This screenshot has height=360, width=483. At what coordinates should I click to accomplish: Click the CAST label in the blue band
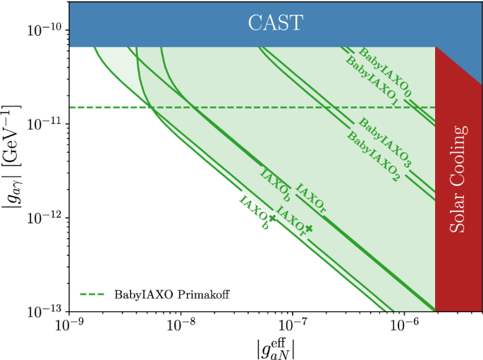click(x=275, y=23)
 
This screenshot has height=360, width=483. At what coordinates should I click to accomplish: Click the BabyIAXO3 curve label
click(x=386, y=143)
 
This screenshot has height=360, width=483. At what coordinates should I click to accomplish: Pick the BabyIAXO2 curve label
click(x=374, y=154)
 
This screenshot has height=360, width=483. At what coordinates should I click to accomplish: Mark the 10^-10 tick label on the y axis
click(x=43, y=30)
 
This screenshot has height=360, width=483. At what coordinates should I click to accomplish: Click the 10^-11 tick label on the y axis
click(x=43, y=124)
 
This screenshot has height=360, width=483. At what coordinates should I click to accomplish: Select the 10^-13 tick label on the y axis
click(x=43, y=311)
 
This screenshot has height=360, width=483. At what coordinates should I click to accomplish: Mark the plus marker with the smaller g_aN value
click(x=272, y=218)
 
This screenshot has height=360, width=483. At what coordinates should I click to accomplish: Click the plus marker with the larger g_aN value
click(x=308, y=228)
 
